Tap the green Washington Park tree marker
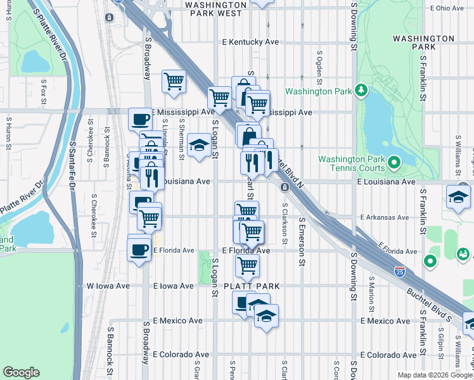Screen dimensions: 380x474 tap(361, 91)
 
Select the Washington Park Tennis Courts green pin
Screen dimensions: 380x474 tap(394, 163)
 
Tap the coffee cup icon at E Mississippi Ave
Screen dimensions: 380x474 tap(140, 118)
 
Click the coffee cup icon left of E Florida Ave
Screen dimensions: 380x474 tap(139, 249)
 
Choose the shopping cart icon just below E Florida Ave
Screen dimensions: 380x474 tap(247, 265)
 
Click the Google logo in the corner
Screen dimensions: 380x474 tap(21, 372)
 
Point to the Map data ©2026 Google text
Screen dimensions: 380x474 tap(435, 375)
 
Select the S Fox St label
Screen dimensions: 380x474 tap(44, 90)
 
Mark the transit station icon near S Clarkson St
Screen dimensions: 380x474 tap(285, 187)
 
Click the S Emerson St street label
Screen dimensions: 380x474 tap(302, 250)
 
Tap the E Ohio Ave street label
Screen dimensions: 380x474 tap(447, 8)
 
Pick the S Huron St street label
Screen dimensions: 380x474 tap(9, 130)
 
